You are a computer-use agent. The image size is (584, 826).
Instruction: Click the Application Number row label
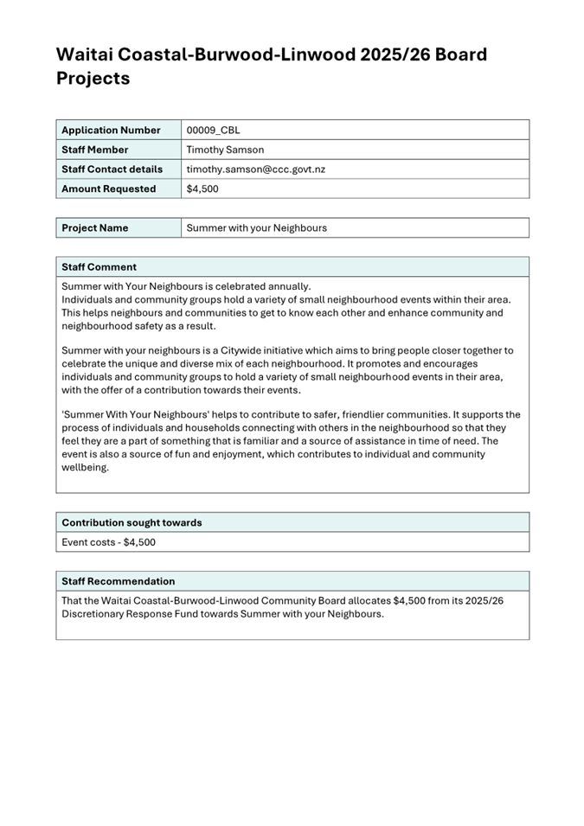(111, 130)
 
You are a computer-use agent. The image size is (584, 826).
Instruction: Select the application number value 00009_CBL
(213, 130)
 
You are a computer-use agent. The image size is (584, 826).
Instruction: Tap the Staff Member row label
(94, 150)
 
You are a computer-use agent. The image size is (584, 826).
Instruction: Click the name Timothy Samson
(225, 150)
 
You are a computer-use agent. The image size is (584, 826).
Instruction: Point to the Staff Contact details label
(112, 170)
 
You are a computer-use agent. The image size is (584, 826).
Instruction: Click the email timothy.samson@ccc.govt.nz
(255, 170)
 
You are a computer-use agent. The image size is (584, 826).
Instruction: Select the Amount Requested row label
(108, 189)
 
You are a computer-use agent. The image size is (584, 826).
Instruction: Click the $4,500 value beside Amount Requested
(202, 189)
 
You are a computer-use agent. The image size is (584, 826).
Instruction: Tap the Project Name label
(94, 227)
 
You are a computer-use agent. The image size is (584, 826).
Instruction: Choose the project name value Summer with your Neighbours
(256, 227)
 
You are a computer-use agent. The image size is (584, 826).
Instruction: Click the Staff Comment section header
(99, 266)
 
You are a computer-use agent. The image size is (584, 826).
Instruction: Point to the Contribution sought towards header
(132, 522)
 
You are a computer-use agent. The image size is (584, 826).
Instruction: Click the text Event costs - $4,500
(108, 542)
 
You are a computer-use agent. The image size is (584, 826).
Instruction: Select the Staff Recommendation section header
(118, 581)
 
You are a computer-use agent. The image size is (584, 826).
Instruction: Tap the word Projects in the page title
(93, 79)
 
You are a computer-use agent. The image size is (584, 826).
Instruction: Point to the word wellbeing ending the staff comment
(85, 467)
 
